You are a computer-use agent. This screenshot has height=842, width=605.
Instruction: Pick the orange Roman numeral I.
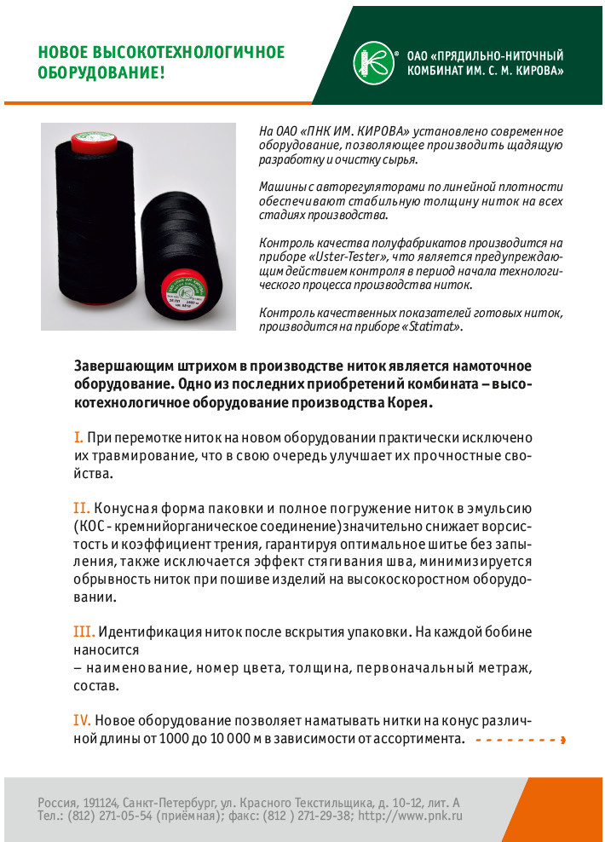pyautogui.click(x=78, y=437)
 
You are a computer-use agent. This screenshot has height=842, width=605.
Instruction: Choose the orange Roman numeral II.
pyautogui.click(x=81, y=509)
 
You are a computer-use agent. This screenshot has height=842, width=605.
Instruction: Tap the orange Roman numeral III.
pyautogui.click(x=84, y=632)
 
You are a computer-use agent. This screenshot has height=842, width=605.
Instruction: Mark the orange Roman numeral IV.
pyautogui.click(x=84, y=720)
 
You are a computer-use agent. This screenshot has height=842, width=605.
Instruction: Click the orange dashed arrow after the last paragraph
pyautogui.click(x=520, y=740)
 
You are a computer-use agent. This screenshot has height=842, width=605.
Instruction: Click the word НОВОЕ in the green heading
pyautogui.click(x=60, y=53)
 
